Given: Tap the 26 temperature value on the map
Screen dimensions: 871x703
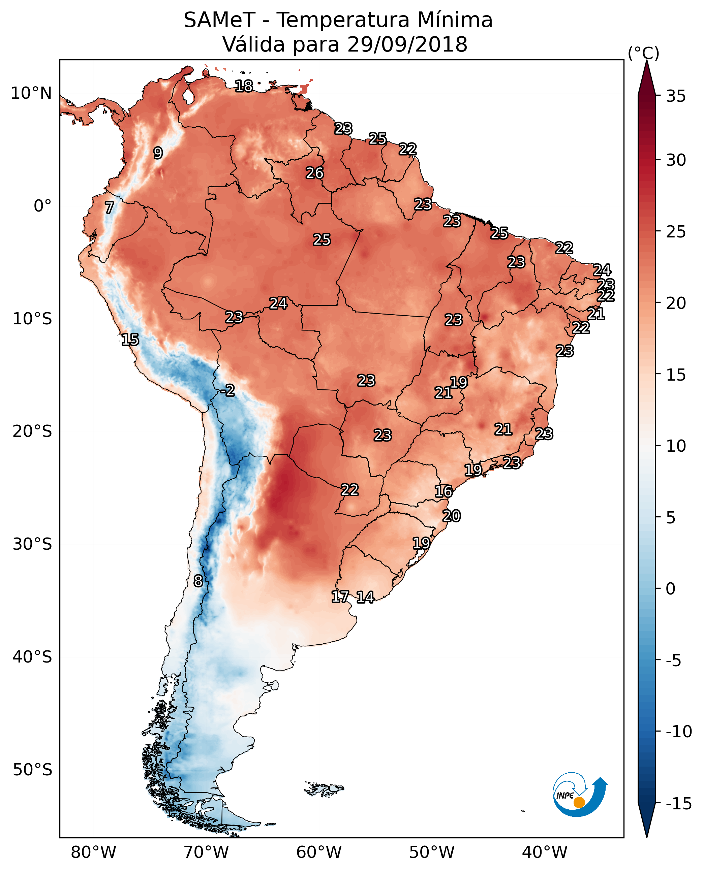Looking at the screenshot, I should [315, 173].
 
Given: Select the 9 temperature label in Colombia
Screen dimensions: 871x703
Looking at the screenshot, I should [158, 153].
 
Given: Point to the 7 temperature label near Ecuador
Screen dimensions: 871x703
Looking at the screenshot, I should [109, 207].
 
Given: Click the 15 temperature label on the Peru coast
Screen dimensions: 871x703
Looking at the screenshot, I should [130, 340].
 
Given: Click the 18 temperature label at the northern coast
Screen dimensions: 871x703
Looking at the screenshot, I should [244, 86].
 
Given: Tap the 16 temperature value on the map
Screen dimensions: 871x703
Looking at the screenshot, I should [444, 491].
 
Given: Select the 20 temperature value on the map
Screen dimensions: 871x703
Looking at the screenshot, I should [452, 516].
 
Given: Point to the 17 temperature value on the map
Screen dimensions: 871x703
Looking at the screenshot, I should [340, 596].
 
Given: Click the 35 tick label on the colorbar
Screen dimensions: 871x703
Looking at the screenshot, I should [676, 96].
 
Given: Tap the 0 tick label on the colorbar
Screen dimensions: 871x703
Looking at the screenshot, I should [671, 589].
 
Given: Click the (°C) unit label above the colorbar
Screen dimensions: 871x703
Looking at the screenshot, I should [643, 53].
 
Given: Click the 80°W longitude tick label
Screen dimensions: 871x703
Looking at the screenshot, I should [94, 852].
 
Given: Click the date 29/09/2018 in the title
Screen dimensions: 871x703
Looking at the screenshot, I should [407, 44].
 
